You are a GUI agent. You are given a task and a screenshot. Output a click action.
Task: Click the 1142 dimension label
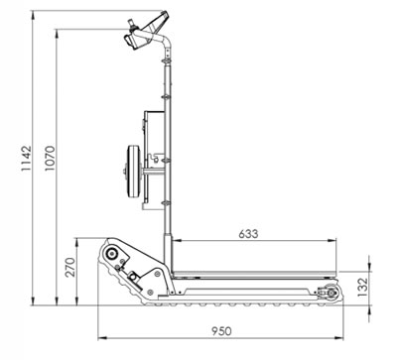pos(26,159)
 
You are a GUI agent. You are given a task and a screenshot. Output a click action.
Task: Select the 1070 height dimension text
pos(50,159)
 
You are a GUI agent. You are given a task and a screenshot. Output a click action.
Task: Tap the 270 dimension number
pos(70,267)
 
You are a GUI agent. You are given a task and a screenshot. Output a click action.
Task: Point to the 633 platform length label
pos(248,234)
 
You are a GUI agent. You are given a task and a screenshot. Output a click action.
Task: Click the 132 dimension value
pos(363,287)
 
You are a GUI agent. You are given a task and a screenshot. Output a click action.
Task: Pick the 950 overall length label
pos(221,331)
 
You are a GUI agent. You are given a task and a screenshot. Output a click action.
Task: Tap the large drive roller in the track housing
pos(111,254)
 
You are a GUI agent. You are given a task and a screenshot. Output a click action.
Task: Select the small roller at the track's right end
pos(331,293)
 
